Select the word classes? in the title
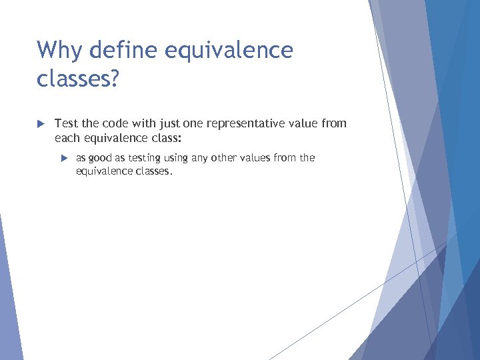click(78, 79)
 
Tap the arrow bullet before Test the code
click(40, 124)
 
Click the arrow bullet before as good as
click(64, 159)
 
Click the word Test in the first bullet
click(66, 123)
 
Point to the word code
click(113, 123)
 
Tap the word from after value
click(334, 123)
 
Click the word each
click(67, 138)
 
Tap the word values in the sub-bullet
click(258, 158)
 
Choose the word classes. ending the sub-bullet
click(155, 171)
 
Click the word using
click(177, 158)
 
